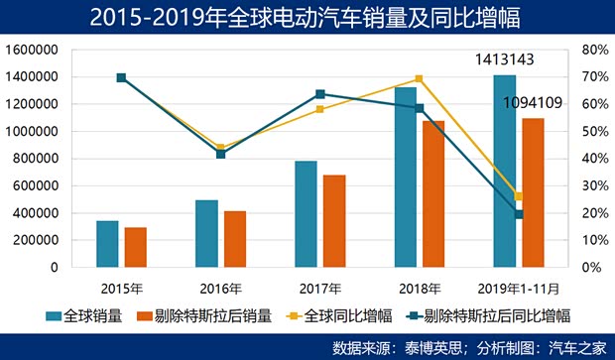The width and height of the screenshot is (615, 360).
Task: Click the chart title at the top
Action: click(x=307, y=17)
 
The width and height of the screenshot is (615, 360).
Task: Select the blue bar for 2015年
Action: click(x=107, y=244)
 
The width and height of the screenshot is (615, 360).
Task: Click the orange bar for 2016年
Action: click(x=235, y=239)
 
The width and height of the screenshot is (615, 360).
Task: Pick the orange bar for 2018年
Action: click(x=433, y=194)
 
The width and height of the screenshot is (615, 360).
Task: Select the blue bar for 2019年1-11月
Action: click(x=504, y=171)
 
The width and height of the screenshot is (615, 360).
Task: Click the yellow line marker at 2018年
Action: click(x=419, y=78)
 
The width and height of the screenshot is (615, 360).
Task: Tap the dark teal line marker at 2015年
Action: click(x=121, y=77)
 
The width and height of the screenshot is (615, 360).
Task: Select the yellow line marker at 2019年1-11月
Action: click(x=518, y=196)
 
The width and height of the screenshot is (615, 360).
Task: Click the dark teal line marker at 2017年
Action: click(x=319, y=94)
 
